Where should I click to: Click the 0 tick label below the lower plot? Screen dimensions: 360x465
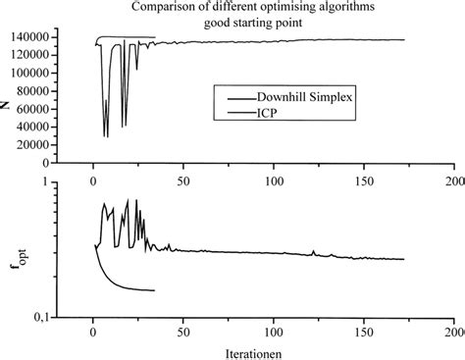[93, 334]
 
